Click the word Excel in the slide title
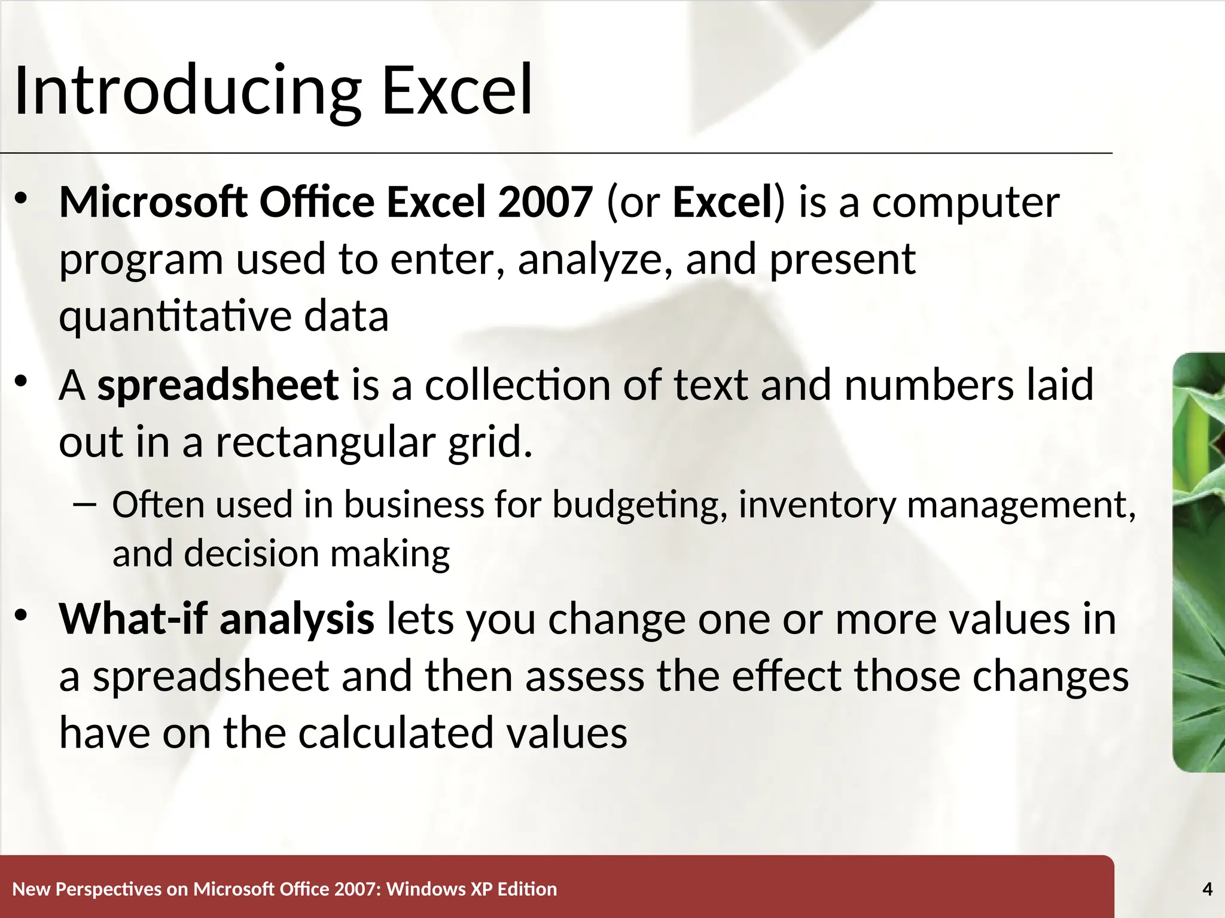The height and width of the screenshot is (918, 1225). click(x=457, y=91)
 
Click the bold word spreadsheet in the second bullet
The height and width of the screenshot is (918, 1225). click(x=218, y=385)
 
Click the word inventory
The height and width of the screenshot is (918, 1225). click(x=817, y=506)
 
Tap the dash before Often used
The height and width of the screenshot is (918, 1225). click(x=86, y=506)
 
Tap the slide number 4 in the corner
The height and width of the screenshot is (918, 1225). click(x=1207, y=889)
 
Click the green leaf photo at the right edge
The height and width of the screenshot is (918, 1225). click(x=1199, y=562)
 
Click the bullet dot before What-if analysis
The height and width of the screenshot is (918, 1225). click(x=22, y=616)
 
